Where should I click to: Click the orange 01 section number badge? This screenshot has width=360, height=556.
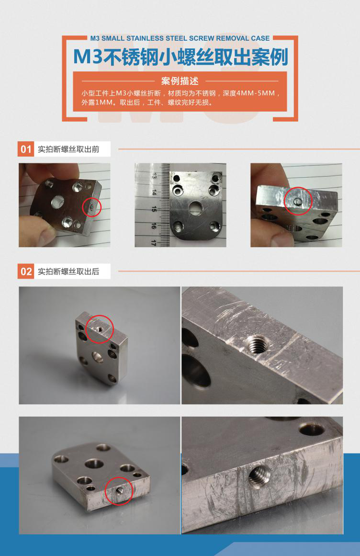click(x=26, y=149)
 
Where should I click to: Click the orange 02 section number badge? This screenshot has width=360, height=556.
click(x=26, y=271)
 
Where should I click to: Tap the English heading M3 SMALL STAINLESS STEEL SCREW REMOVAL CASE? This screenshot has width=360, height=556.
click(x=180, y=38)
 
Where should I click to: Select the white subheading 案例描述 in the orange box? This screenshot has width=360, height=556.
click(x=180, y=81)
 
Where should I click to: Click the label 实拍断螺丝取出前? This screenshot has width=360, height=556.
click(x=68, y=149)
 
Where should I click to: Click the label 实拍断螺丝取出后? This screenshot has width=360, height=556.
click(x=68, y=272)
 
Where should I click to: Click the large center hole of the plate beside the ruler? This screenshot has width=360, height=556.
click(x=195, y=208)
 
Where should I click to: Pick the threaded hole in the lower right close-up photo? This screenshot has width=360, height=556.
click(x=259, y=475)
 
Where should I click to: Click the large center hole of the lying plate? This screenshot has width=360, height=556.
click(x=94, y=464)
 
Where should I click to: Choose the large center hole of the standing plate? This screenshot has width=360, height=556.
click(x=98, y=357)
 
